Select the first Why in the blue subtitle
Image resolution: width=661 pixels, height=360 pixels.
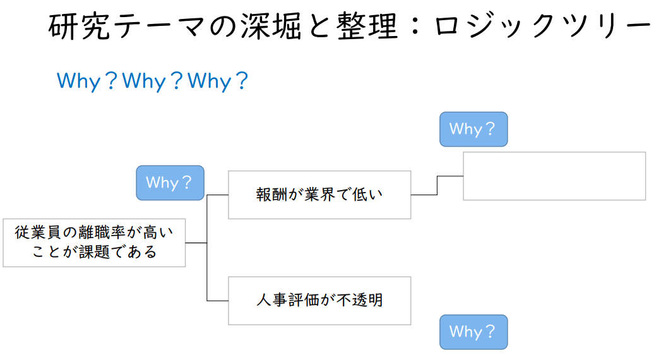(78, 81)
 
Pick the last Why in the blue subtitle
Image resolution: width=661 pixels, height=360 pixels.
(210, 81)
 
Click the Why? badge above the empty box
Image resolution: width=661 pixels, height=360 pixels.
(473, 129)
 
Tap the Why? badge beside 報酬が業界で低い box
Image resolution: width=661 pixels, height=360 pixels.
(170, 183)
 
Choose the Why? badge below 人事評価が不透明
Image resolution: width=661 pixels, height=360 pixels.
(473, 332)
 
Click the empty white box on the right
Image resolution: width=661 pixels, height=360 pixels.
(554, 176)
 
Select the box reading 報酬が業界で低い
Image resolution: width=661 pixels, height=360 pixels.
(319, 195)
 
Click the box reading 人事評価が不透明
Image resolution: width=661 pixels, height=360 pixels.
(319, 300)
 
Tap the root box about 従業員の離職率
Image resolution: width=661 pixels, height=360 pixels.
(94, 243)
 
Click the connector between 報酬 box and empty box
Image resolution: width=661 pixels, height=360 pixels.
(437, 186)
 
